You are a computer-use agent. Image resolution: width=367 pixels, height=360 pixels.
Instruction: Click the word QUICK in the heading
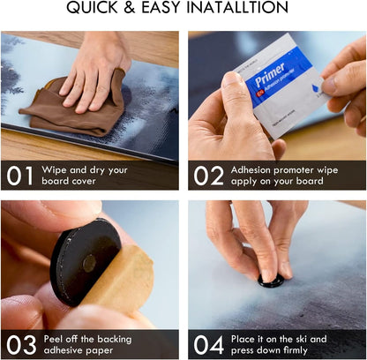tap(93, 8)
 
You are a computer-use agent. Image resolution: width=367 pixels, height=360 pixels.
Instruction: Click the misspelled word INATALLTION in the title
tap(237, 8)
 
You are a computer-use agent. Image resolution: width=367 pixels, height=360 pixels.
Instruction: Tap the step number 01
tap(20, 176)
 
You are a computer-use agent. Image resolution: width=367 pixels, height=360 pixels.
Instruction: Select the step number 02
tap(208, 176)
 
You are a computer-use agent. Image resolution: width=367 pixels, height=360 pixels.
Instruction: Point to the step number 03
tap(21, 345)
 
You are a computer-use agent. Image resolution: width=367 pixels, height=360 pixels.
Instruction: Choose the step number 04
tap(209, 345)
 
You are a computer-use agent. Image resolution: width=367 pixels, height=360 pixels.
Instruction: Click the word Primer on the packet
tap(270, 74)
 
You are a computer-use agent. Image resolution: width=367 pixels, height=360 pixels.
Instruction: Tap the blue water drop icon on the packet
tap(317, 87)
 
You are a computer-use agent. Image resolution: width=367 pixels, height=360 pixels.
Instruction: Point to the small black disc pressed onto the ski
tap(271, 281)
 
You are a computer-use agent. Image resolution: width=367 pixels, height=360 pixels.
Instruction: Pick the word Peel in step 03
tap(53, 339)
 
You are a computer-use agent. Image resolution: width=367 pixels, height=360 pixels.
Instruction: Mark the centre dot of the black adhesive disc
tap(89, 263)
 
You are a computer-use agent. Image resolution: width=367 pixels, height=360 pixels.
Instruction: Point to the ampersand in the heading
tap(130, 8)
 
